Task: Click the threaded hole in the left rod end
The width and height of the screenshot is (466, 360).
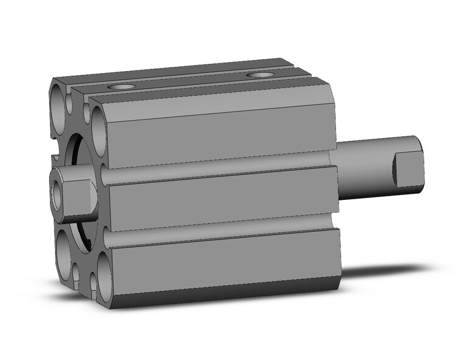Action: pos(57,197)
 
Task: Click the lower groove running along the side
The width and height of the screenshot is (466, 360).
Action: pos(221,236)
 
